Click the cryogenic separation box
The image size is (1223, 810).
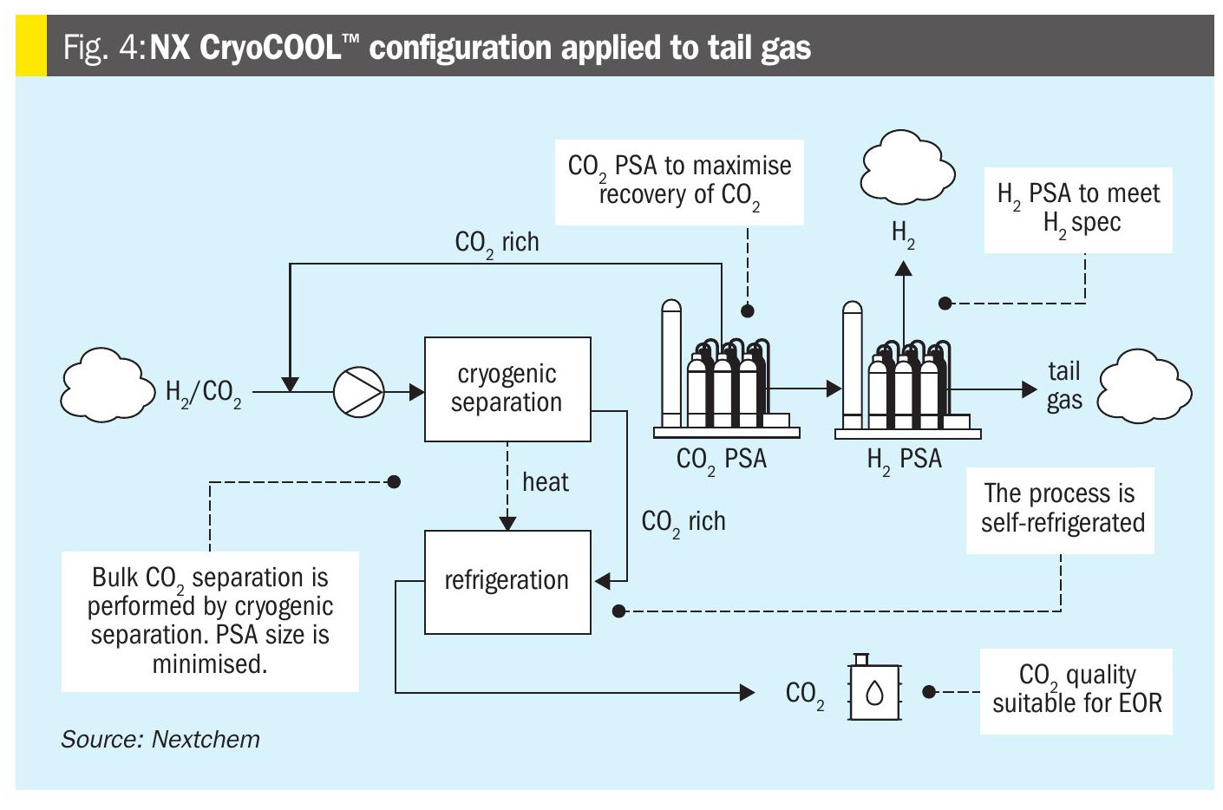click(x=507, y=389)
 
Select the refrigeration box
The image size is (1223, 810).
click(x=507, y=582)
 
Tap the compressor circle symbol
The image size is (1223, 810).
click(x=359, y=392)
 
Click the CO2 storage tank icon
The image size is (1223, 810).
click(x=874, y=689)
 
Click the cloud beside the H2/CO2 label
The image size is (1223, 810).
click(x=108, y=385)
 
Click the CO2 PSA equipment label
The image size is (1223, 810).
click(x=722, y=460)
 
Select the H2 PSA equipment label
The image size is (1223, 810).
click(x=904, y=460)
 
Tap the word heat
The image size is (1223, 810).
click(x=546, y=482)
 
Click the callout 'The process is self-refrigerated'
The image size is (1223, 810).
click(x=1060, y=510)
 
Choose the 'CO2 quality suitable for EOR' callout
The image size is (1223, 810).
click(x=1076, y=691)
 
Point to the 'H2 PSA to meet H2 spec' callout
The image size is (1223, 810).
click(x=1078, y=210)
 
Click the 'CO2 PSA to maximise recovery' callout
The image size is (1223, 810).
click(x=679, y=182)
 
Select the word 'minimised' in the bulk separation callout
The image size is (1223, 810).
click(x=210, y=664)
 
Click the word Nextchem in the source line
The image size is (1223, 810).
click(x=206, y=740)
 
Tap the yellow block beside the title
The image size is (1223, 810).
click(x=31, y=45)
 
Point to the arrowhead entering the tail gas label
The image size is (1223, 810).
click(x=1030, y=389)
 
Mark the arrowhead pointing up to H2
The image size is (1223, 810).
click(x=904, y=268)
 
